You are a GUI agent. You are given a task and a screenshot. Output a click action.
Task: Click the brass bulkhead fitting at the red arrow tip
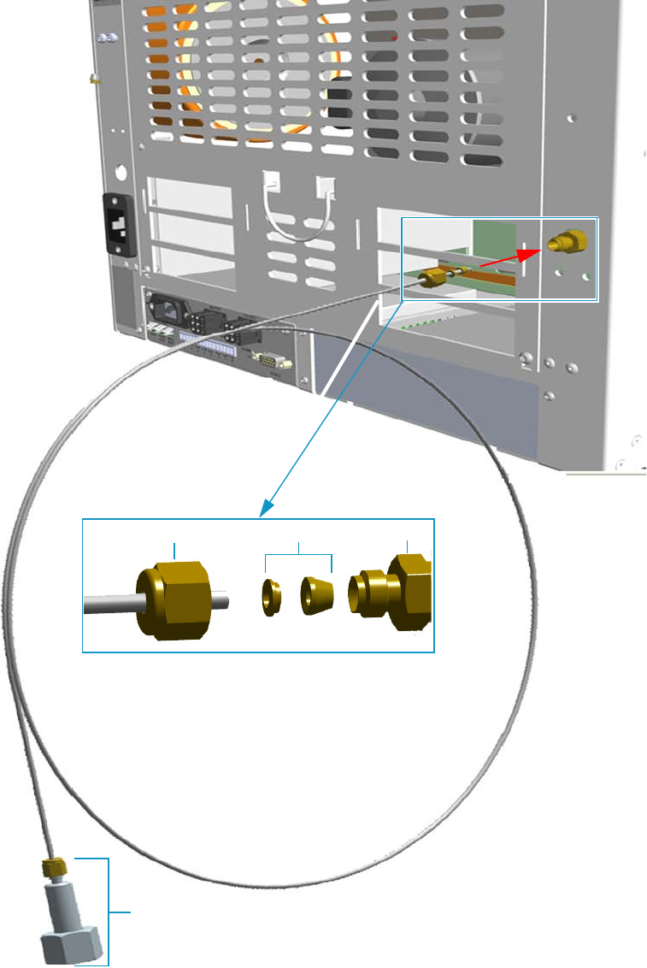click(566, 242)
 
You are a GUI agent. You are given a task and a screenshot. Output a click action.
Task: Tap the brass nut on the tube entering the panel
click(435, 276)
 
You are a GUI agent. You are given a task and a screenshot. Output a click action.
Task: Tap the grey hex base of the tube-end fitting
click(71, 944)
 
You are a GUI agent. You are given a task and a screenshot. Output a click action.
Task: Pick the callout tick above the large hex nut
click(175, 548)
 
